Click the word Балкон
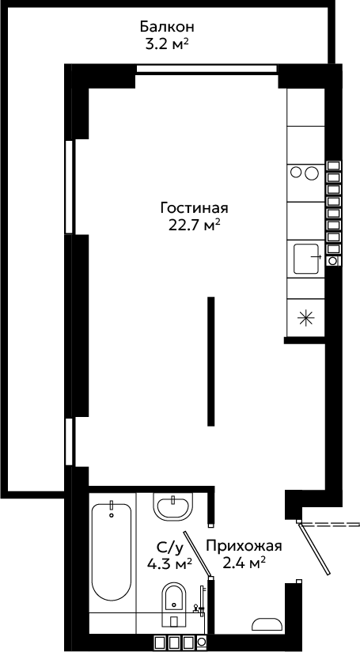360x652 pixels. pyautogui.click(x=167, y=27)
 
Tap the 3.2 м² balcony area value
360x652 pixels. pyautogui.click(x=165, y=44)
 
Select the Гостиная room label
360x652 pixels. pyautogui.click(x=195, y=207)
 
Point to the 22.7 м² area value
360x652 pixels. pyautogui.click(x=194, y=226)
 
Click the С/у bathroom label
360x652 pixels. pyautogui.click(x=169, y=548)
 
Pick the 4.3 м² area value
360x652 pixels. pyautogui.click(x=169, y=564)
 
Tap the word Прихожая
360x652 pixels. pyautogui.click(x=244, y=546)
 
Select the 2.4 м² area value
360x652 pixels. pyautogui.click(x=244, y=564)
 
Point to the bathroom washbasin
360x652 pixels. pyautogui.click(x=173, y=506)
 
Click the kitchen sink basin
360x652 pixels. pyautogui.click(x=306, y=259)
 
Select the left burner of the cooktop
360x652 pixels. pyautogui.click(x=296, y=172)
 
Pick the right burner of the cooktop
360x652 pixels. pyautogui.click(x=311, y=172)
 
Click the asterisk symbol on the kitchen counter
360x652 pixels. pyautogui.click(x=305, y=319)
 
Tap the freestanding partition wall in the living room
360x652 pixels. pyautogui.click(x=211, y=362)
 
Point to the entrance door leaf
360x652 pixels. pyautogui.click(x=314, y=548)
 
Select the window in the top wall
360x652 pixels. pyautogui.click(x=207, y=69)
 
